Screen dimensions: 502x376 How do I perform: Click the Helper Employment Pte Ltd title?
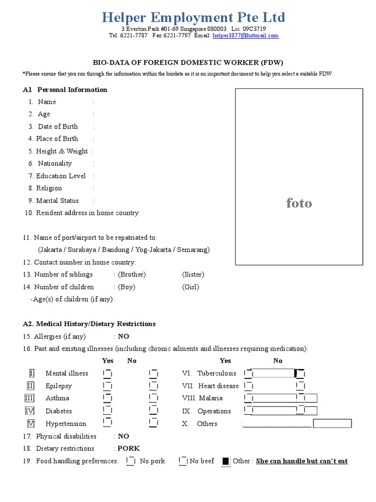click(193, 17)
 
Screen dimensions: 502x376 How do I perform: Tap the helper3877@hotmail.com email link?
click(245, 35)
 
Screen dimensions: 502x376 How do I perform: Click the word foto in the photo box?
click(299, 203)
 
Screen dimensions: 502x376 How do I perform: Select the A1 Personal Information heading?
click(65, 90)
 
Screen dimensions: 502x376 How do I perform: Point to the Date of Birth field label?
click(57, 126)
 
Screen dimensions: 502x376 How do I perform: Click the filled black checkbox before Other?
click(225, 461)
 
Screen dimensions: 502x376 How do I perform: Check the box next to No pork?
click(131, 461)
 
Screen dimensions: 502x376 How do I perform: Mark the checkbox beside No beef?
click(183, 461)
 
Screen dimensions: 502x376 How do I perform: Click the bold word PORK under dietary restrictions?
click(128, 449)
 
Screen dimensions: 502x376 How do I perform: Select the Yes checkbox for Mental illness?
click(107, 374)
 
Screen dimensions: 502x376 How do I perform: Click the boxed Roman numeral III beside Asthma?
click(30, 399)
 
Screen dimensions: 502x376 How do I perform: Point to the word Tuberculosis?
click(216, 374)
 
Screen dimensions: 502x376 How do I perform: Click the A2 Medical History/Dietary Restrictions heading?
click(89, 324)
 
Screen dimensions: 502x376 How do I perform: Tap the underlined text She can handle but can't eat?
click(302, 461)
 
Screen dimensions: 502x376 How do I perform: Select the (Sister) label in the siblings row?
click(193, 275)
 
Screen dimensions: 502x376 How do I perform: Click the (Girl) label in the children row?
click(190, 287)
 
